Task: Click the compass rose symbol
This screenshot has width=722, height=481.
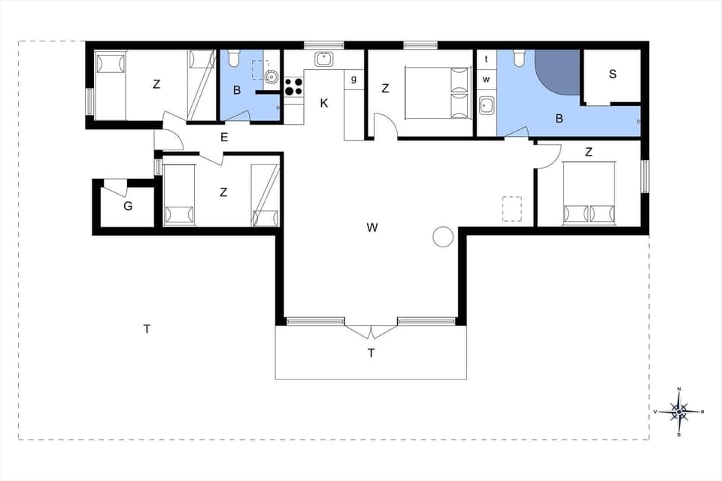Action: [679, 411]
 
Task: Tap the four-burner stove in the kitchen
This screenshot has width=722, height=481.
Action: [293, 86]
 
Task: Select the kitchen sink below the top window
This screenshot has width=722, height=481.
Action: [325, 59]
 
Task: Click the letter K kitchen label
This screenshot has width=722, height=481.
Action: [324, 104]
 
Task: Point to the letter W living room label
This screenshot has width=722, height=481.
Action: [372, 228]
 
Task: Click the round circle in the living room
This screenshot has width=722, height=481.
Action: [443, 237]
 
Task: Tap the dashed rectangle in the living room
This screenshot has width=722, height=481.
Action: [512, 208]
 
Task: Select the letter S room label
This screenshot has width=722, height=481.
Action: [612, 74]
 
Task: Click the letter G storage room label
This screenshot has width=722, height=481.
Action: [128, 205]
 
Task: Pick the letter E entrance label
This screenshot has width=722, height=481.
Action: [223, 137]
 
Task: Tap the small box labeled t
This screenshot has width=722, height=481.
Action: [487, 59]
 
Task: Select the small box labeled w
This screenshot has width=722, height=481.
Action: [487, 79]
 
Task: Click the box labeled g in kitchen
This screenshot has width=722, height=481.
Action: [353, 78]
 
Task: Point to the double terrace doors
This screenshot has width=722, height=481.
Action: [371, 331]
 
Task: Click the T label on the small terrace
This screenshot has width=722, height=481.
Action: [371, 352]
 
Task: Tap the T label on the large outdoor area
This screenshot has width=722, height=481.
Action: [147, 328]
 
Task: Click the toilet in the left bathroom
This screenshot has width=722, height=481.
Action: [233, 58]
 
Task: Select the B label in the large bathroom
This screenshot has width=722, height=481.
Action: [559, 119]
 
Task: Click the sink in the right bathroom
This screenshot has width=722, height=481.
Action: [486, 104]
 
